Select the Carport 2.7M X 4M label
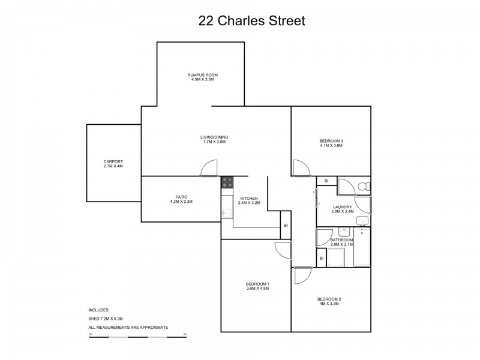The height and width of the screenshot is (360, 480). (113, 164)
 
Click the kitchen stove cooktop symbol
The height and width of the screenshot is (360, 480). (227, 182)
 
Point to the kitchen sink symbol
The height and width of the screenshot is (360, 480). (226, 214)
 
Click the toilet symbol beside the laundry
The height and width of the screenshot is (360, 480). (364, 186)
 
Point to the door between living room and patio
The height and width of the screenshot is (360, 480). (208, 169)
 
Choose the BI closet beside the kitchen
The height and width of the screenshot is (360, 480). (286, 226)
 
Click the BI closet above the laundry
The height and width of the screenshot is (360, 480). (326, 181)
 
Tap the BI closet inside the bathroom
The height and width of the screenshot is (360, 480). (322, 258)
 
